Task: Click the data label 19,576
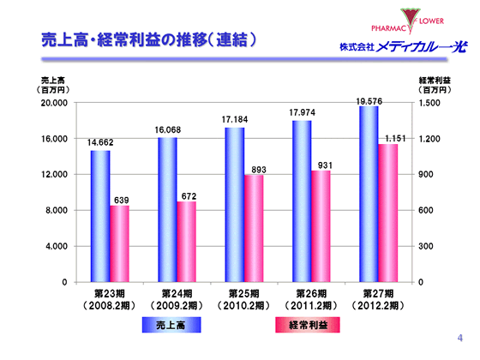(369, 101)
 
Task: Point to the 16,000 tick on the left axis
(55, 139)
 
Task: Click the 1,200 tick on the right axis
(429, 139)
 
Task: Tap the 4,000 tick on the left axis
(57, 246)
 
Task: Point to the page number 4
(460, 338)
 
